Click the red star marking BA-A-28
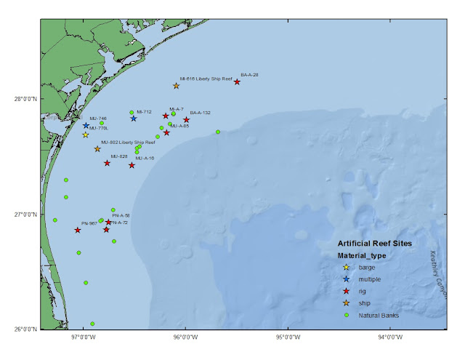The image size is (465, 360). (x=237, y=82)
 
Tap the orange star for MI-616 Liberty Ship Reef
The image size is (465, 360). (x=176, y=86)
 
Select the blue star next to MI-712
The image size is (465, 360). (x=134, y=119)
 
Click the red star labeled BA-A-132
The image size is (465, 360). (x=186, y=120)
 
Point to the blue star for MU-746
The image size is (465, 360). (x=86, y=126)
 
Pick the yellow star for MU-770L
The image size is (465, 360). (x=85, y=135)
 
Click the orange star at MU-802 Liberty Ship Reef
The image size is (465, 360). (x=97, y=150)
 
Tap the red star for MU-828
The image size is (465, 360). (x=107, y=163)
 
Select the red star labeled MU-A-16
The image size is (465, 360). (x=132, y=166)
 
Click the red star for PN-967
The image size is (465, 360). (x=78, y=231)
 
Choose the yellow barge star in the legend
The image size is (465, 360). (x=346, y=268)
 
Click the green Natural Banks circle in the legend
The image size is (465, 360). (x=346, y=315)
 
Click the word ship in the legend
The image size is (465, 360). (x=365, y=303)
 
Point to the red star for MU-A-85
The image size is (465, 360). (x=166, y=132)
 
